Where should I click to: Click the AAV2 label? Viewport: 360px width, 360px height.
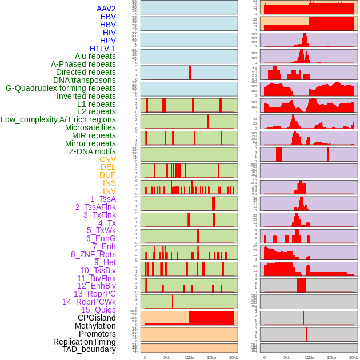[106, 9]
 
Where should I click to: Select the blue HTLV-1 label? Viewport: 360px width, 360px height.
[103, 49]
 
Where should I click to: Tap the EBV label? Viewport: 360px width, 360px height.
[108, 17]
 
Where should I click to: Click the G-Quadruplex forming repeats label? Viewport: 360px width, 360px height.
[61, 88]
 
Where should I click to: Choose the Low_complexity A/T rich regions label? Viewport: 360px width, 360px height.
[58, 119]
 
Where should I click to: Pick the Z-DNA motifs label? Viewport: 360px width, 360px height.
[93, 151]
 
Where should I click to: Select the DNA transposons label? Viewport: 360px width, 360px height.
[85, 80]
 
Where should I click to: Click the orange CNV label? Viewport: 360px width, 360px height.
[107, 159]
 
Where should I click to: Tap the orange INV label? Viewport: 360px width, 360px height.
[109, 191]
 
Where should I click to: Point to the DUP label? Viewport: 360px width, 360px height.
[107, 175]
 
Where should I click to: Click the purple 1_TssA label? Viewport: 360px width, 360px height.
[103, 199]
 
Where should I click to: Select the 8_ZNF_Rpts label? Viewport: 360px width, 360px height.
[93, 254]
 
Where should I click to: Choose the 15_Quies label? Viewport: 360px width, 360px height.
[98, 310]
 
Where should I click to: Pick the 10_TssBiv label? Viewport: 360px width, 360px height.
[98, 270]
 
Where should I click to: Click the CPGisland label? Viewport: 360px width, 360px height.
[97, 318]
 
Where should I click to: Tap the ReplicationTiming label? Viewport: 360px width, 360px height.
[84, 342]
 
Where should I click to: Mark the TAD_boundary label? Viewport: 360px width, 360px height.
[89, 349]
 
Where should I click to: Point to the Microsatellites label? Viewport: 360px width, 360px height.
[90, 127]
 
